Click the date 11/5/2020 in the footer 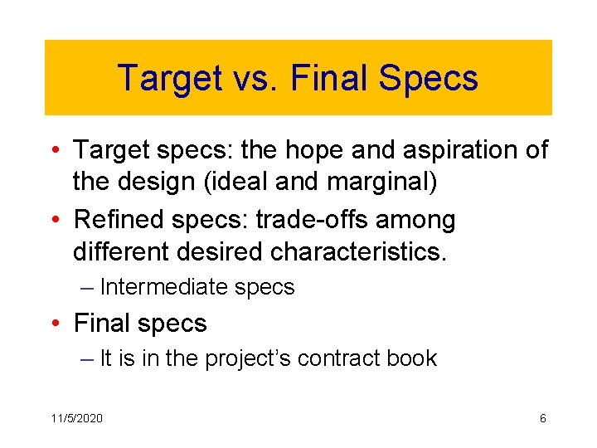pos(75,418)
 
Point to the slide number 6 pos(542,418)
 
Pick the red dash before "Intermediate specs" pos(88,287)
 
